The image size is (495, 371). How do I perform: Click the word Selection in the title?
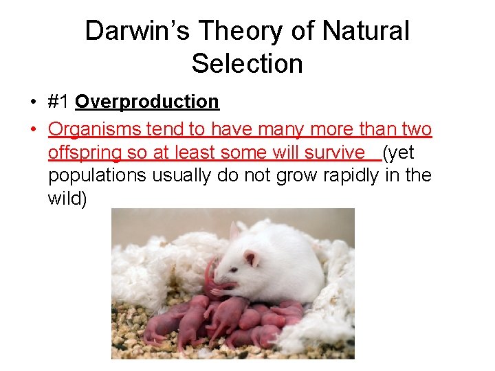tap(247, 64)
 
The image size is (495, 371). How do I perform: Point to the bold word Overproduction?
tap(147, 102)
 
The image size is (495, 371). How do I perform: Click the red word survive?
tap(338, 152)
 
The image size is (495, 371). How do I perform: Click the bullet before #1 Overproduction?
tap(33, 102)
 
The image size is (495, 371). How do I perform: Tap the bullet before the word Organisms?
tap(33, 129)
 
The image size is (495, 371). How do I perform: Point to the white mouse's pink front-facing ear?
tap(251, 258)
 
